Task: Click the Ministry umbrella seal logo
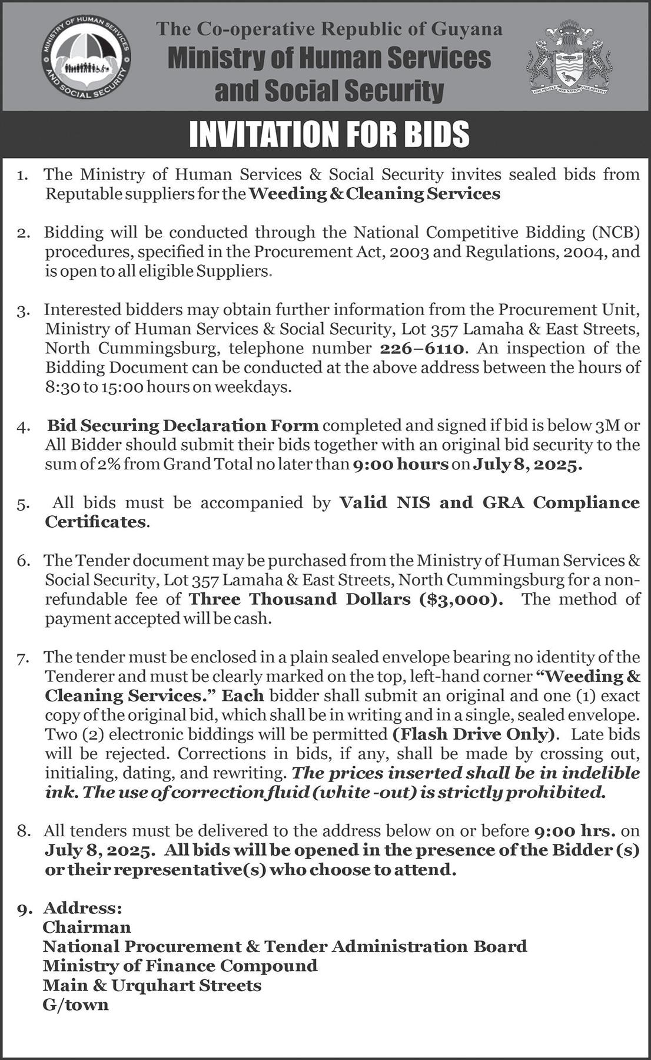point(87,59)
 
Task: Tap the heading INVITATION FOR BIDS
point(329,134)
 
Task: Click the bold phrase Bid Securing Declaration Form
point(183,425)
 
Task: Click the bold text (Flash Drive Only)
point(473,734)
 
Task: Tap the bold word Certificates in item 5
point(95,522)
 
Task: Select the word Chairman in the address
point(87,927)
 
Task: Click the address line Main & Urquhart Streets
point(152,985)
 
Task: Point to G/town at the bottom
point(75,1005)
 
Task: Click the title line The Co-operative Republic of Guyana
point(329,29)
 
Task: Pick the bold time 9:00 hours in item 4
point(400,464)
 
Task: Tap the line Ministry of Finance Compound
point(180,966)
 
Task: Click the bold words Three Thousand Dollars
point(300,599)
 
